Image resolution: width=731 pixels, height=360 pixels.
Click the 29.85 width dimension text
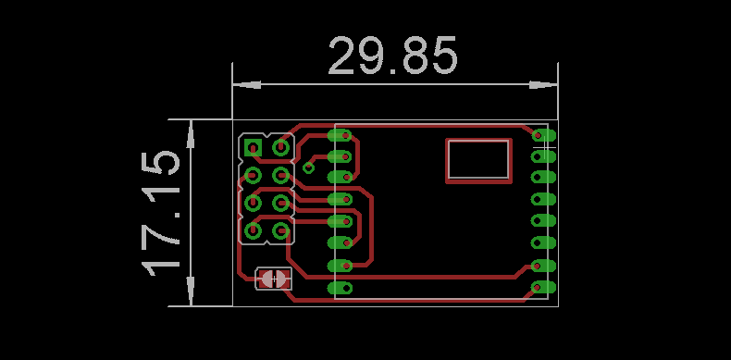pyautogui.click(x=393, y=56)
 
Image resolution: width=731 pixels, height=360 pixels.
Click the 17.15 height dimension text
pyautogui.click(x=161, y=213)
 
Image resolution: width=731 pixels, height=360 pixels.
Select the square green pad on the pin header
pyautogui.click(x=254, y=148)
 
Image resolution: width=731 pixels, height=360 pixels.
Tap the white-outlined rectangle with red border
pyautogui.click(x=478, y=160)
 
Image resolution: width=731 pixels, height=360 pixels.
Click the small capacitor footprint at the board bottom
pyautogui.click(x=274, y=279)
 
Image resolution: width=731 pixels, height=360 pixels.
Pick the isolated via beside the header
pyautogui.click(x=308, y=168)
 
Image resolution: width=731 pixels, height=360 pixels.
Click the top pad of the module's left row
pyautogui.click(x=340, y=135)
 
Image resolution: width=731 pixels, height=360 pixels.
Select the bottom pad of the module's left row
pyautogui.click(x=340, y=288)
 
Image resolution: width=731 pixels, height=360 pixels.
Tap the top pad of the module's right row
pyautogui.click(x=543, y=135)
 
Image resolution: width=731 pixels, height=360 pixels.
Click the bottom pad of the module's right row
pyautogui.click(x=543, y=287)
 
